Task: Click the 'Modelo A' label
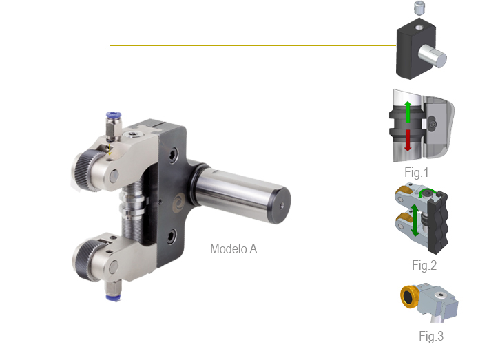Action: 233,249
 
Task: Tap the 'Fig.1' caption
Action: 417,173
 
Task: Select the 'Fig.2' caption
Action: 424,266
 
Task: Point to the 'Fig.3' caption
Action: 431,336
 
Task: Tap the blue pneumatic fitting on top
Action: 114,116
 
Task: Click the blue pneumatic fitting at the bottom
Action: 113,297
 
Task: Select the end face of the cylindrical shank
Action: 279,205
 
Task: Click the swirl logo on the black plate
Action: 179,202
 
